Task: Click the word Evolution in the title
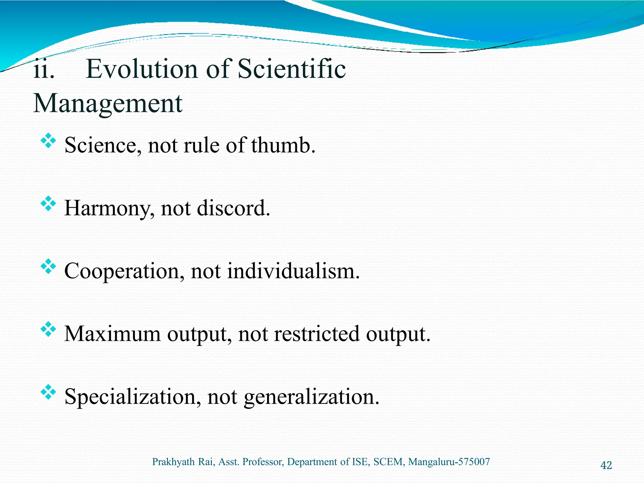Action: [142, 69]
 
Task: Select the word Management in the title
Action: [108, 104]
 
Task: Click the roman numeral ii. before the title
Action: [44, 70]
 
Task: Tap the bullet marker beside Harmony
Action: [48, 203]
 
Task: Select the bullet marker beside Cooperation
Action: [48, 266]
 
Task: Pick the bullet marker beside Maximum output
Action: [48, 329]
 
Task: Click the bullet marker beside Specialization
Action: [48, 392]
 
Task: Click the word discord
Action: [233, 208]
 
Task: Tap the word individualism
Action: [293, 271]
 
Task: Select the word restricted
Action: [316, 334]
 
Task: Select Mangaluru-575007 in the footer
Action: [449, 462]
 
